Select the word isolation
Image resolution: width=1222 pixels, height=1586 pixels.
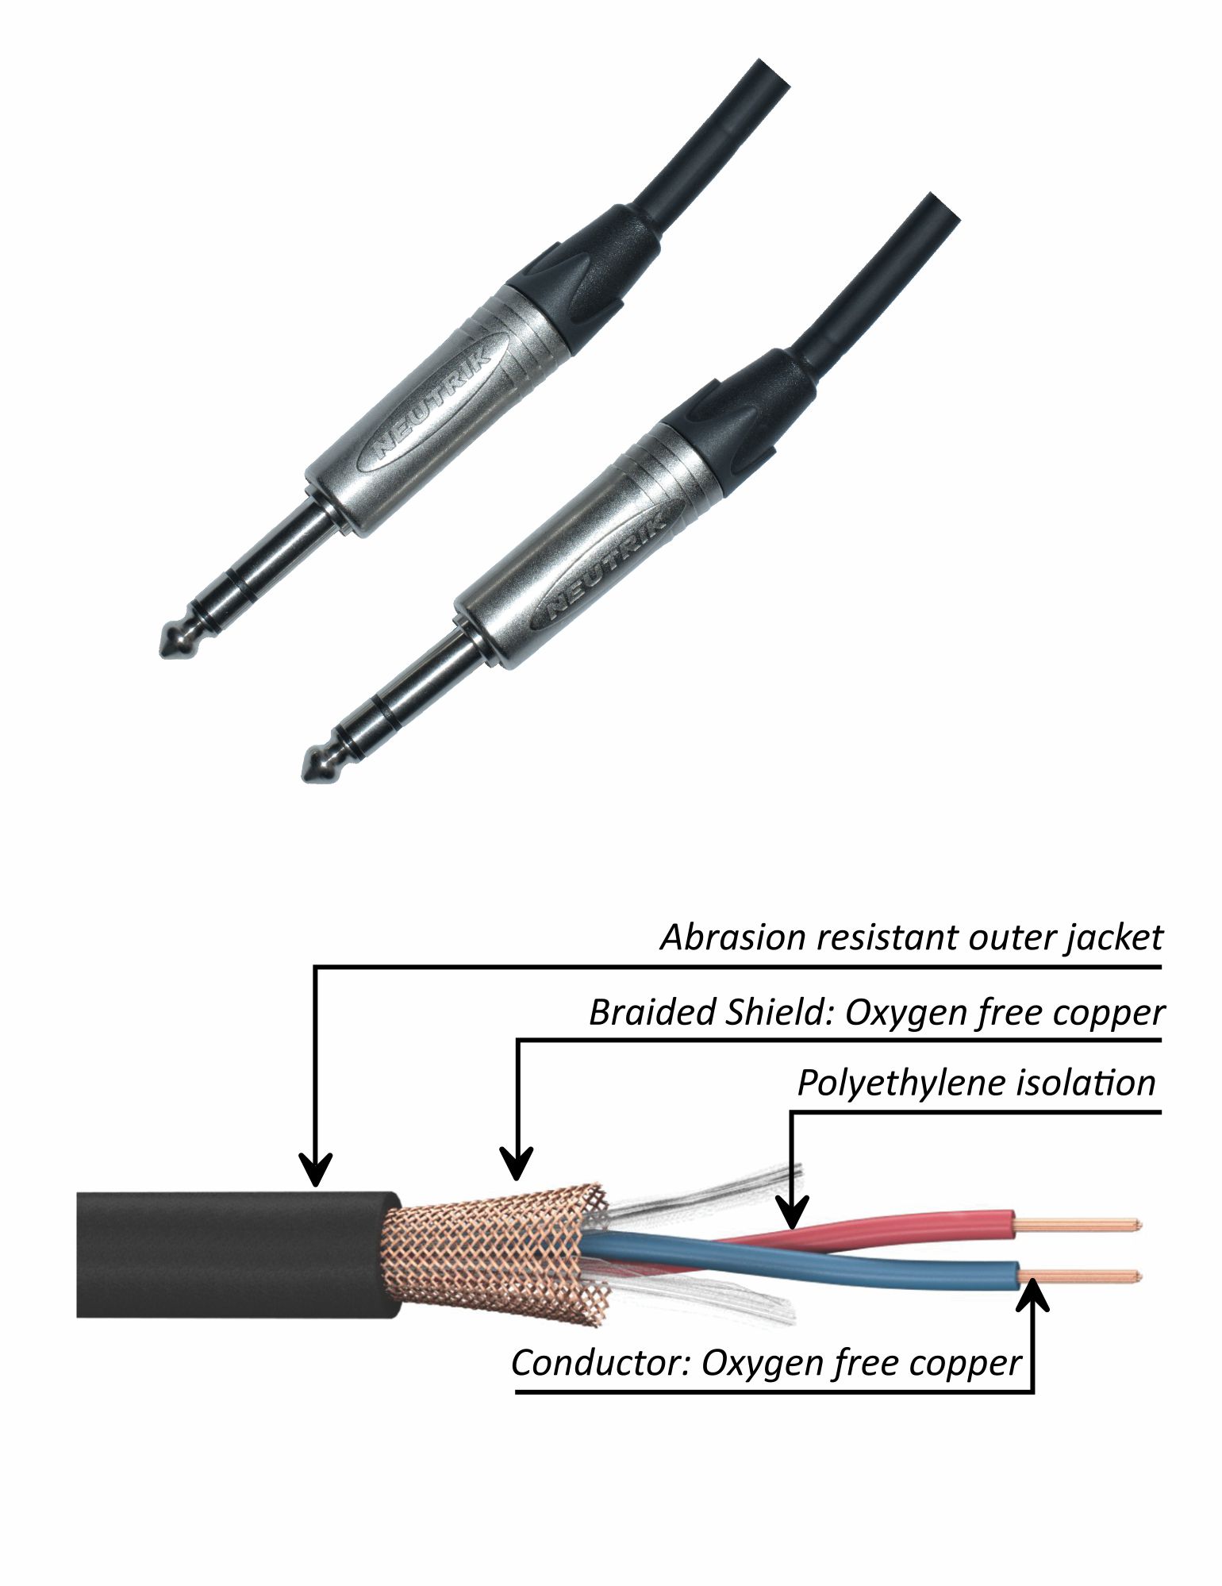coord(1087,1084)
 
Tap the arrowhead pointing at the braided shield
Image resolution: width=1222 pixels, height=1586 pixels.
coord(518,1167)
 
